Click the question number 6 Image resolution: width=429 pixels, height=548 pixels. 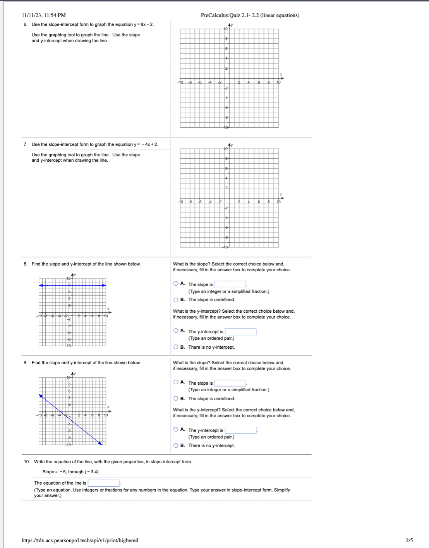click(25, 25)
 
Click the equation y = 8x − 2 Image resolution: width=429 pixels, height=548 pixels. click(143, 25)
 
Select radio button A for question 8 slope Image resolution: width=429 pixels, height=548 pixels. click(176, 284)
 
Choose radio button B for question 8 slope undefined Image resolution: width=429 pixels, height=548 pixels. click(176, 300)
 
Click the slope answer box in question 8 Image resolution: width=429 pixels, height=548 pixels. click(230, 284)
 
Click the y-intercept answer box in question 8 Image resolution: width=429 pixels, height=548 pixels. click(240, 332)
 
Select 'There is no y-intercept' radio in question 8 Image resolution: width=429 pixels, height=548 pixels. click(176, 347)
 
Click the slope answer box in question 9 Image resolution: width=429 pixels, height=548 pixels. click(230, 383)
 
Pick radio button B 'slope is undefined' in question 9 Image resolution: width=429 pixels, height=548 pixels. click(176, 399)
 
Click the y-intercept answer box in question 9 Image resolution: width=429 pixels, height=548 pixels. click(240, 430)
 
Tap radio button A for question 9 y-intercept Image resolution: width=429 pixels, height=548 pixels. click(176, 429)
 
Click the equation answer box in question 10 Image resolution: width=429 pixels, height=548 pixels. click(103, 483)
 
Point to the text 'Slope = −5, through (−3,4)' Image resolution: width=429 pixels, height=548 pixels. click(70, 472)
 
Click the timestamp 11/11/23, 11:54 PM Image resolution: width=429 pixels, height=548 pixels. click(44, 15)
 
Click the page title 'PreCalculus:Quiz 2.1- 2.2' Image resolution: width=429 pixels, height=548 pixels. click(250, 15)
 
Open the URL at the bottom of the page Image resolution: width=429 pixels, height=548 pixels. click(80, 540)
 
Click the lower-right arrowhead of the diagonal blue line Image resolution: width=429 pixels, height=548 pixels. click(100, 443)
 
